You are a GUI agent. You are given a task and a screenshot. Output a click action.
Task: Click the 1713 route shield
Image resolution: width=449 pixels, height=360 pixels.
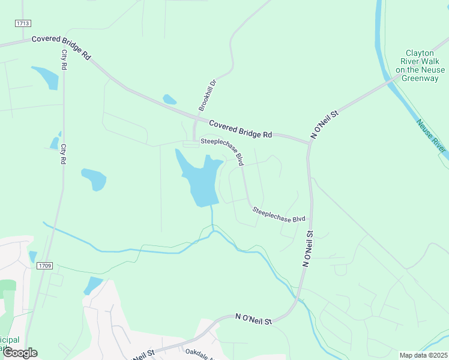click(x=23, y=23)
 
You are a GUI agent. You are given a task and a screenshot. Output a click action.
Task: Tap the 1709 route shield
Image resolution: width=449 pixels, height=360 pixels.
click(x=44, y=265)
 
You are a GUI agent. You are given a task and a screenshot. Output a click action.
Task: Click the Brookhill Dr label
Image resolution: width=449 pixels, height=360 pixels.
click(x=207, y=95)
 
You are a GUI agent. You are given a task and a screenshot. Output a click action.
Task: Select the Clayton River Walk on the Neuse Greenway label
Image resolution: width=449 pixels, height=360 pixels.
click(x=423, y=65)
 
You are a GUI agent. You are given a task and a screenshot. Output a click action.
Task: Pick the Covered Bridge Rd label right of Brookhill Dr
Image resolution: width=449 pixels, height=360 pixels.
click(x=241, y=129)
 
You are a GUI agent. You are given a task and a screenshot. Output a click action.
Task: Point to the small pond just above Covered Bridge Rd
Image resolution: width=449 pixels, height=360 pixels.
click(x=170, y=100)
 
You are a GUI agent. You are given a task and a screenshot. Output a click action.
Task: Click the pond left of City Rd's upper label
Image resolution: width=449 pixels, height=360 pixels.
click(x=45, y=77)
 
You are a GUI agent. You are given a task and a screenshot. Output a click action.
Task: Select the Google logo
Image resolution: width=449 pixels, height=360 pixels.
click(x=20, y=353)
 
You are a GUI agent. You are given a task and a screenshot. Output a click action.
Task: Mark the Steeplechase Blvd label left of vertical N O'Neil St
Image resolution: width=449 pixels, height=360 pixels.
click(x=279, y=215)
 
